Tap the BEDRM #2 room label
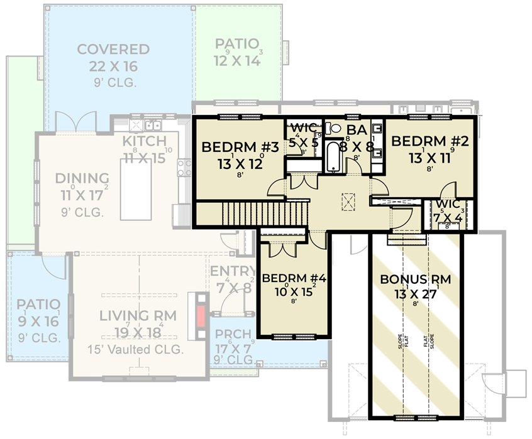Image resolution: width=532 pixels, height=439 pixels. (x=430, y=141)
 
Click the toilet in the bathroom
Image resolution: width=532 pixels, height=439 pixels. (x=336, y=129)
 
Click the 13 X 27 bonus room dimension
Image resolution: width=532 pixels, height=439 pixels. (x=415, y=294)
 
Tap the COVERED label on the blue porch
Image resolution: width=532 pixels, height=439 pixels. (x=113, y=50)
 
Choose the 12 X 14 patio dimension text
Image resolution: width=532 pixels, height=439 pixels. (x=236, y=60)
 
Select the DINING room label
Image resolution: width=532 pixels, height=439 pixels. (x=82, y=179)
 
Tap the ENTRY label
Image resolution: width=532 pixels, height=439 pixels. (x=233, y=271)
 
